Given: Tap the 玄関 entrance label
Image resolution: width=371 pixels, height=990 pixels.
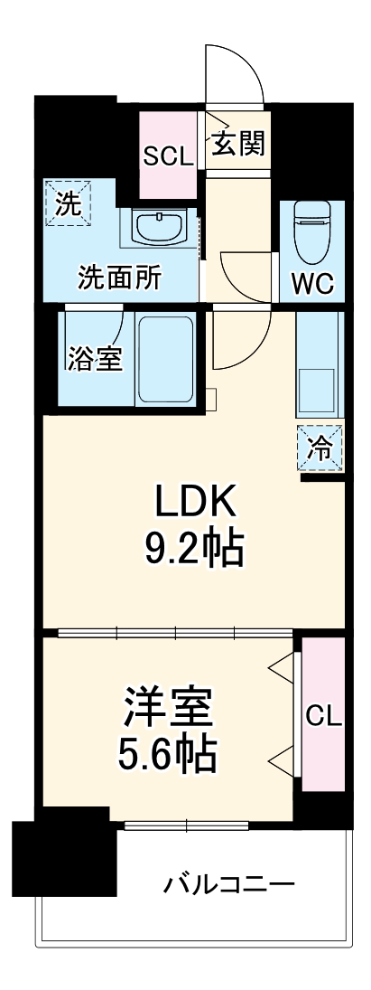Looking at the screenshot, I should pyautogui.click(x=239, y=143).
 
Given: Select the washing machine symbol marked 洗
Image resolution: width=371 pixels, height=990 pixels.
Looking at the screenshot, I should pyautogui.click(x=69, y=203).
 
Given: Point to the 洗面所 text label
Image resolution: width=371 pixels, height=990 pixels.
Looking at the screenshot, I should pyautogui.click(x=120, y=278).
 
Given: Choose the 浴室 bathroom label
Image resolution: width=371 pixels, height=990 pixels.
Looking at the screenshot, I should pyautogui.click(x=94, y=358).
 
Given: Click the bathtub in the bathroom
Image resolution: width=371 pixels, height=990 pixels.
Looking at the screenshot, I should pyautogui.click(x=167, y=361).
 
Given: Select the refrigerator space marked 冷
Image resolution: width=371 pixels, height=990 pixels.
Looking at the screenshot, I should pyautogui.click(x=321, y=446).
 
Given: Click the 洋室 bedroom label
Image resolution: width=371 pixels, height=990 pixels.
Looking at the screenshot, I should pyautogui.click(x=169, y=707).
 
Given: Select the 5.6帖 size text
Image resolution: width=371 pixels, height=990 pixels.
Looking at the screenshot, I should pyautogui.click(x=169, y=753).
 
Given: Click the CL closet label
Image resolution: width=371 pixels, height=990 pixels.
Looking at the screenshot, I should pyautogui.click(x=323, y=716).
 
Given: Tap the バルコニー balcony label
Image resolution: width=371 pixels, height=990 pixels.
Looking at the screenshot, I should pyautogui.click(x=228, y=883).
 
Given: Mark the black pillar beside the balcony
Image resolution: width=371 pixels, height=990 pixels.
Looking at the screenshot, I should pyautogui.click(x=64, y=857).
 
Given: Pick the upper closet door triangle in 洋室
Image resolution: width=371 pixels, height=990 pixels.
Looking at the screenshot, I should pyautogui.click(x=284, y=668).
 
